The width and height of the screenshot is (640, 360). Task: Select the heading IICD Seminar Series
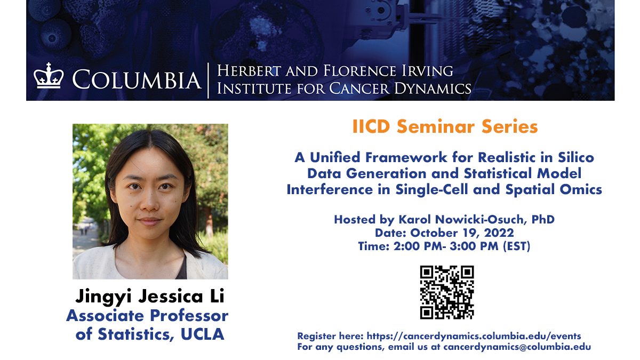coord(445,127)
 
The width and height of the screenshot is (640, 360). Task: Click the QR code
coord(447,292)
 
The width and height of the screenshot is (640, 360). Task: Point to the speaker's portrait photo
coord(150,202)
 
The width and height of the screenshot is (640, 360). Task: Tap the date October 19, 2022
coord(461,233)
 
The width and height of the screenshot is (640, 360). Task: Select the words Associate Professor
coord(147,315)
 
